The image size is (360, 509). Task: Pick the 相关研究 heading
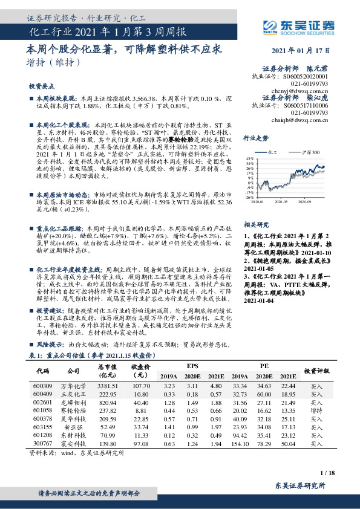(255, 223)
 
